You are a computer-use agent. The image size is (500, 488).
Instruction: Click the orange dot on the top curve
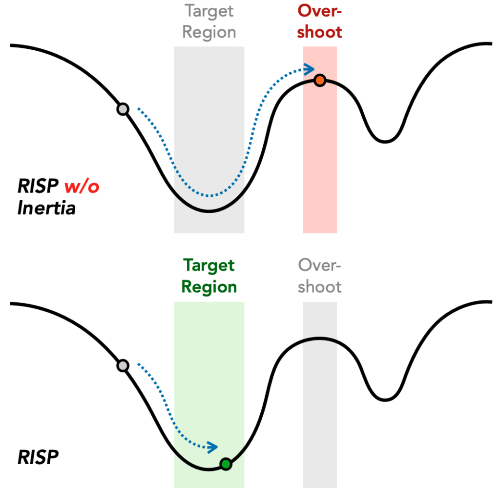(x=319, y=81)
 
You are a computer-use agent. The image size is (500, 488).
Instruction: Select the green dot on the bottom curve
(x=225, y=464)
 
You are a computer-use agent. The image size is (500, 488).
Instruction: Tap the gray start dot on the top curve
(x=123, y=109)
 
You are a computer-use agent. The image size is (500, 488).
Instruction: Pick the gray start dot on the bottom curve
(x=123, y=365)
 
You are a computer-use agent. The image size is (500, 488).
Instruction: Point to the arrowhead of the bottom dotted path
(x=213, y=446)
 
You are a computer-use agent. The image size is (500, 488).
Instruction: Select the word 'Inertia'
(x=46, y=209)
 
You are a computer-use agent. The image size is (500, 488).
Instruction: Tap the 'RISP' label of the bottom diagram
(x=38, y=458)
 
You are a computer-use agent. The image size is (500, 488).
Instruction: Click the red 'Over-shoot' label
(x=320, y=21)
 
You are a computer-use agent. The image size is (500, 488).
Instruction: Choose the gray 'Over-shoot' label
(x=320, y=276)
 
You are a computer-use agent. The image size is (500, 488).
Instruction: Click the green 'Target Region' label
(x=209, y=276)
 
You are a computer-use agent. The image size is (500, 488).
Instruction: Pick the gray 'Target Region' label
(x=209, y=21)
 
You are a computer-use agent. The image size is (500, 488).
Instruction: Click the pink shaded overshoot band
(x=320, y=161)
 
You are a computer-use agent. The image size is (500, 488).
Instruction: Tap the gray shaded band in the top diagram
(x=209, y=122)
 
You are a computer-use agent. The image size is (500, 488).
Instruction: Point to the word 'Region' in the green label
(x=209, y=287)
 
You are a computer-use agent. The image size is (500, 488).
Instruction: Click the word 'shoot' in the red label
(x=320, y=32)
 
